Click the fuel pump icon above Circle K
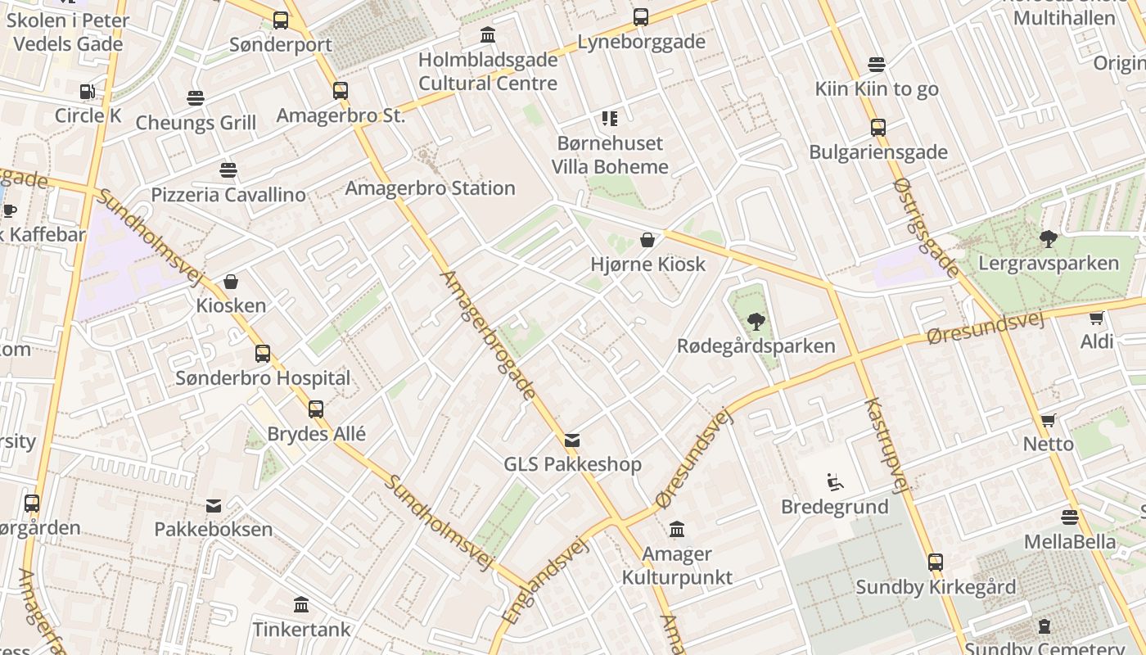[x=87, y=92]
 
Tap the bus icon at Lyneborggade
[x=641, y=17]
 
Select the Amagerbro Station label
[x=430, y=188]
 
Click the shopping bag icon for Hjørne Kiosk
[x=647, y=240]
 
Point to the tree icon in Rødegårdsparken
[x=756, y=322]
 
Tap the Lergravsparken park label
[x=1049, y=263]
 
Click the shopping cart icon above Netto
[x=1048, y=421]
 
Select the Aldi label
[x=1097, y=341]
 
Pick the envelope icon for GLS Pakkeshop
[x=572, y=440]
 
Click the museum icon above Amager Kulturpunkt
[x=676, y=530]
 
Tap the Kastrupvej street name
[x=887, y=446]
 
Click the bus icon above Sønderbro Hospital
[x=263, y=354]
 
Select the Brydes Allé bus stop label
[x=317, y=433]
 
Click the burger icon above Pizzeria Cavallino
[x=228, y=170]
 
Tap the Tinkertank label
[x=301, y=630]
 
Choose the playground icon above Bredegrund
[x=834, y=482]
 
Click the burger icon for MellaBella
[x=1070, y=517]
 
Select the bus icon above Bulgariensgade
[x=878, y=128]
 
